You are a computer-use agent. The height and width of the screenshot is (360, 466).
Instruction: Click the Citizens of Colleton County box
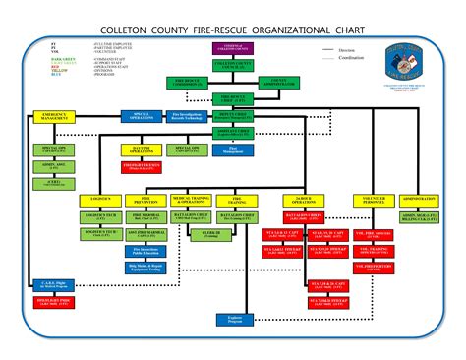click(x=232, y=45)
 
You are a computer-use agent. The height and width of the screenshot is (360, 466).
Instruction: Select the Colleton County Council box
click(x=233, y=65)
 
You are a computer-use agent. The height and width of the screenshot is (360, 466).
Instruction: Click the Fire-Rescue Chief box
click(x=233, y=99)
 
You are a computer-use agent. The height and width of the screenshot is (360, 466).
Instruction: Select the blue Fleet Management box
click(x=233, y=150)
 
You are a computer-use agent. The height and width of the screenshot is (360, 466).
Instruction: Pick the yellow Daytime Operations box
click(x=146, y=150)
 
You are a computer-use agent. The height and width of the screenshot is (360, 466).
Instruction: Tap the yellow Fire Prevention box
click(x=146, y=199)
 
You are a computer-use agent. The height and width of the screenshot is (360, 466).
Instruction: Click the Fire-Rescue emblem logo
click(x=408, y=58)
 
